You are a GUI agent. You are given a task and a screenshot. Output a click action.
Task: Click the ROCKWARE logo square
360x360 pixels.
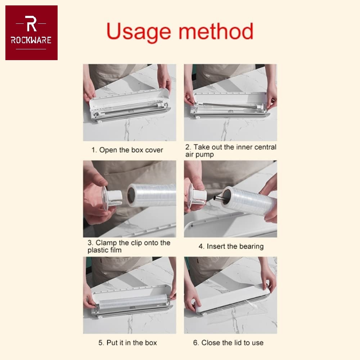[31, 33]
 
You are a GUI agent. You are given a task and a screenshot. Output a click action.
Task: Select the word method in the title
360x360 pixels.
[216, 31]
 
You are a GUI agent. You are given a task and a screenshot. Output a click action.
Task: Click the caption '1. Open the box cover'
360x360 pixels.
[127, 150]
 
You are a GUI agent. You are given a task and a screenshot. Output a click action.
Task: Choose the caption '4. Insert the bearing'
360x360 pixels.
[231, 247]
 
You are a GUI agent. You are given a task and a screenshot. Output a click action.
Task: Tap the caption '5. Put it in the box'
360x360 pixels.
[128, 343]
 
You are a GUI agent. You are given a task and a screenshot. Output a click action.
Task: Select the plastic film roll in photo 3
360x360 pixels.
[152, 195]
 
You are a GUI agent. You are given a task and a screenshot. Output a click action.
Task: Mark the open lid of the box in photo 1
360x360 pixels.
[130, 96]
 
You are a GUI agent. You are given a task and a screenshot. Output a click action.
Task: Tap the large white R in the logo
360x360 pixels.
[31, 23]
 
